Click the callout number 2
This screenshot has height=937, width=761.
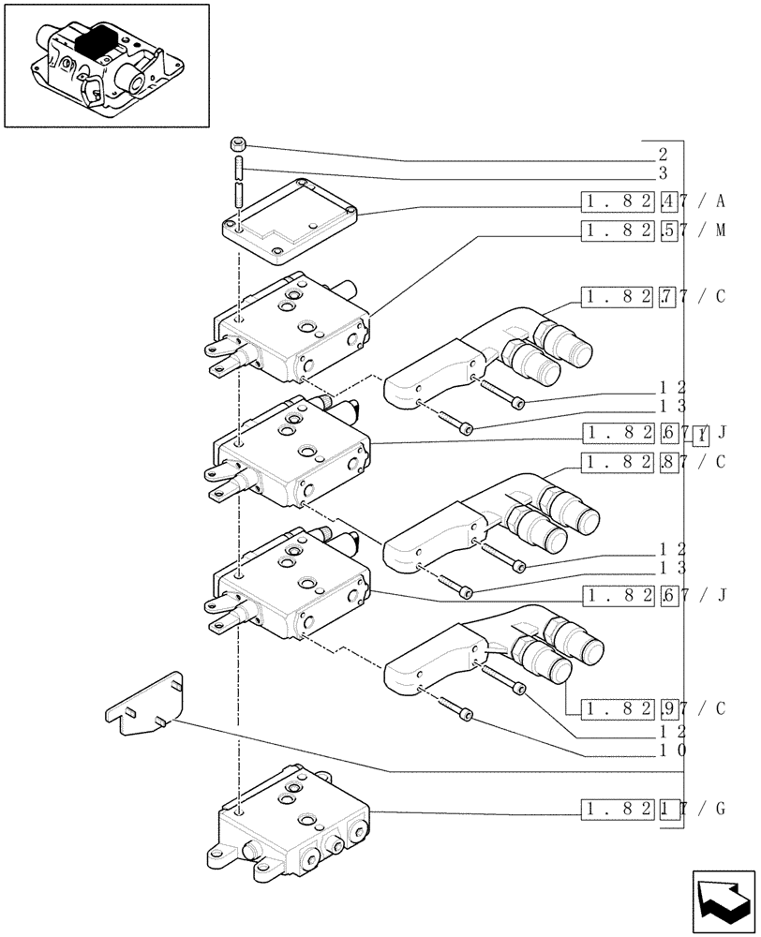pos(662,154)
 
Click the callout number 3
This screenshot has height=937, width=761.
pos(662,173)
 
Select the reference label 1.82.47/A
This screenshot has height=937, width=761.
pos(652,201)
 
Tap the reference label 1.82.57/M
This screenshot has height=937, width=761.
pos(653,231)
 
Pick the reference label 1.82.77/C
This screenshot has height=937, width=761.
pos(652,298)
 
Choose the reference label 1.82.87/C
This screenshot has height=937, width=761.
pos(652,461)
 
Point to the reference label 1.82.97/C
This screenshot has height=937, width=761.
pos(652,708)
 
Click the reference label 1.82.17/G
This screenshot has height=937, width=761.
pos(652,809)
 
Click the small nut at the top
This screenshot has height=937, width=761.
pos(238,144)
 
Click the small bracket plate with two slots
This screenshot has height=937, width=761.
pos(144,705)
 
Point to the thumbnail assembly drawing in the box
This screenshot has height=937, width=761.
pos(105,66)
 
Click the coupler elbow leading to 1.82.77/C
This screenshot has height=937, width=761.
pos(469,361)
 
